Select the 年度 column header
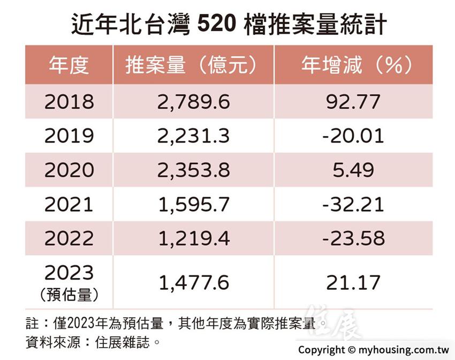(x=69, y=65)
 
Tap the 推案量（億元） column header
(x=193, y=65)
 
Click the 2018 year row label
(x=69, y=102)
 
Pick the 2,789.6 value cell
(x=193, y=102)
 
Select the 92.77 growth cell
(x=353, y=102)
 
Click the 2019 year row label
(x=69, y=136)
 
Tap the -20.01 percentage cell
(x=353, y=136)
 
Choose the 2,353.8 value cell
(x=193, y=170)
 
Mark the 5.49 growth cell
(x=353, y=170)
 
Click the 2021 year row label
(x=69, y=205)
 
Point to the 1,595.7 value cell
(x=193, y=205)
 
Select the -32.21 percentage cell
(x=353, y=205)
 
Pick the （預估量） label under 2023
(x=69, y=295)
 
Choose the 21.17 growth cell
(x=353, y=282)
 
